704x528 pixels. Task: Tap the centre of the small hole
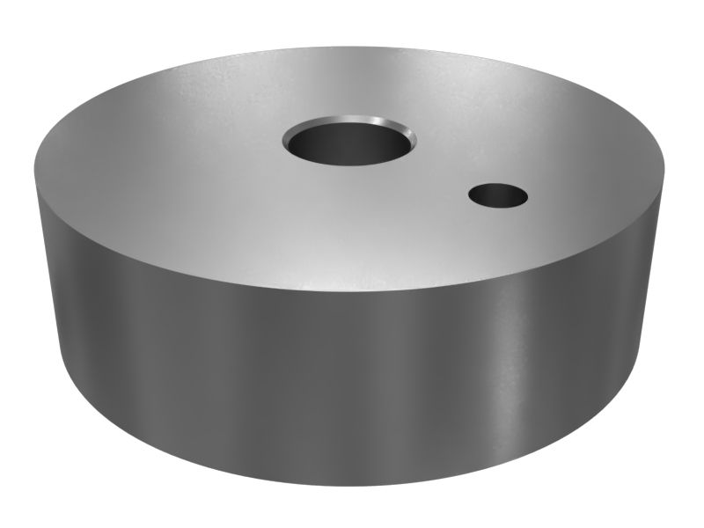click(498, 195)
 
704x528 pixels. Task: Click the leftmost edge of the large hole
click(283, 141)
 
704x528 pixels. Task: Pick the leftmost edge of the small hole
click(468, 195)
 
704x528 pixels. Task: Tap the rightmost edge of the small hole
click(528, 195)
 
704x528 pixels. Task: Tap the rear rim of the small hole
click(498, 183)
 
